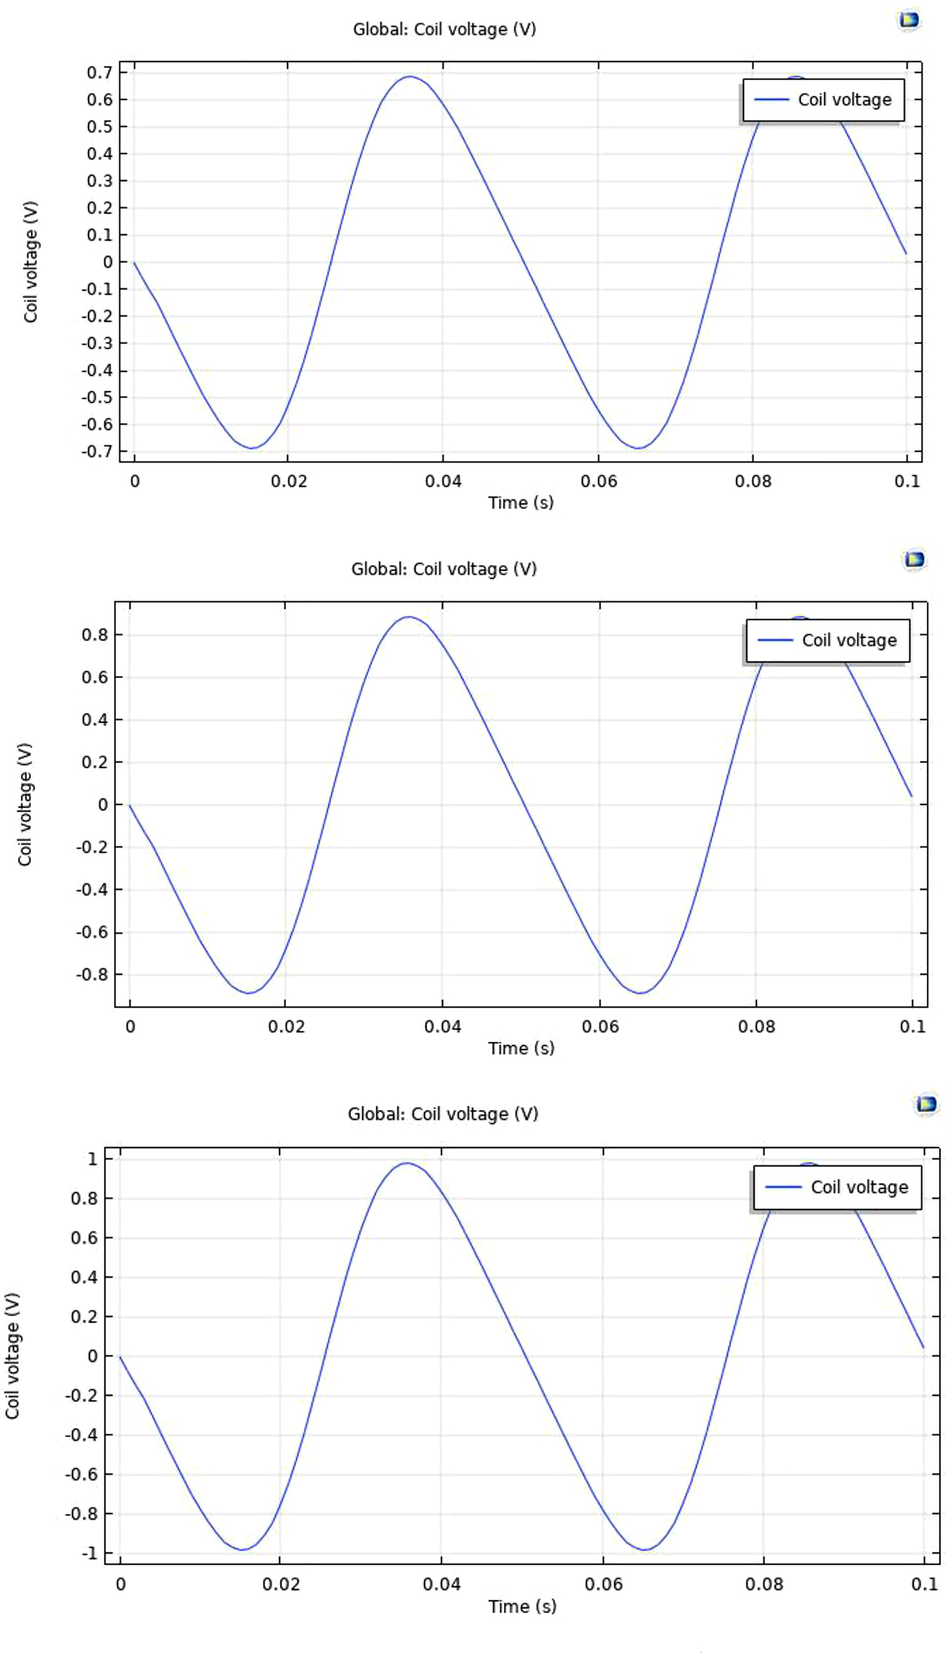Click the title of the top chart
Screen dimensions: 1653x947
[444, 29]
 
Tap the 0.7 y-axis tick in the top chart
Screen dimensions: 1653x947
[99, 72]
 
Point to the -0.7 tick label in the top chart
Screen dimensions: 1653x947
[97, 451]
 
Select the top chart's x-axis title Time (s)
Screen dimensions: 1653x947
[520, 503]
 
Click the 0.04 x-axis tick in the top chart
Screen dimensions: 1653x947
[443, 481]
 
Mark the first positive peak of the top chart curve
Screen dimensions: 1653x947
[410, 77]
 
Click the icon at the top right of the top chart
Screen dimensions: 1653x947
[908, 20]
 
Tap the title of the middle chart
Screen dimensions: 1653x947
[443, 569]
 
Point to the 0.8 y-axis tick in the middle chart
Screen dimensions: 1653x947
[94, 635]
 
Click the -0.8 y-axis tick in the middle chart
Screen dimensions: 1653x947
[91, 974]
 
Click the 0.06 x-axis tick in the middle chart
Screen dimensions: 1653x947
[600, 1027]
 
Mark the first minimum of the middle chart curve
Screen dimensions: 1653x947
[249, 992]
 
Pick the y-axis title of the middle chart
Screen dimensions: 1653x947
[25, 804]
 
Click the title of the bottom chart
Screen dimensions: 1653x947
[442, 1114]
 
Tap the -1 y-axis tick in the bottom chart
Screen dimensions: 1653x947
[89, 1553]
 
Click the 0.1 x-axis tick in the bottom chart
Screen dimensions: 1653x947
[923, 1584]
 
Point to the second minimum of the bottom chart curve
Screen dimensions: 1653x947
[645, 1549]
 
